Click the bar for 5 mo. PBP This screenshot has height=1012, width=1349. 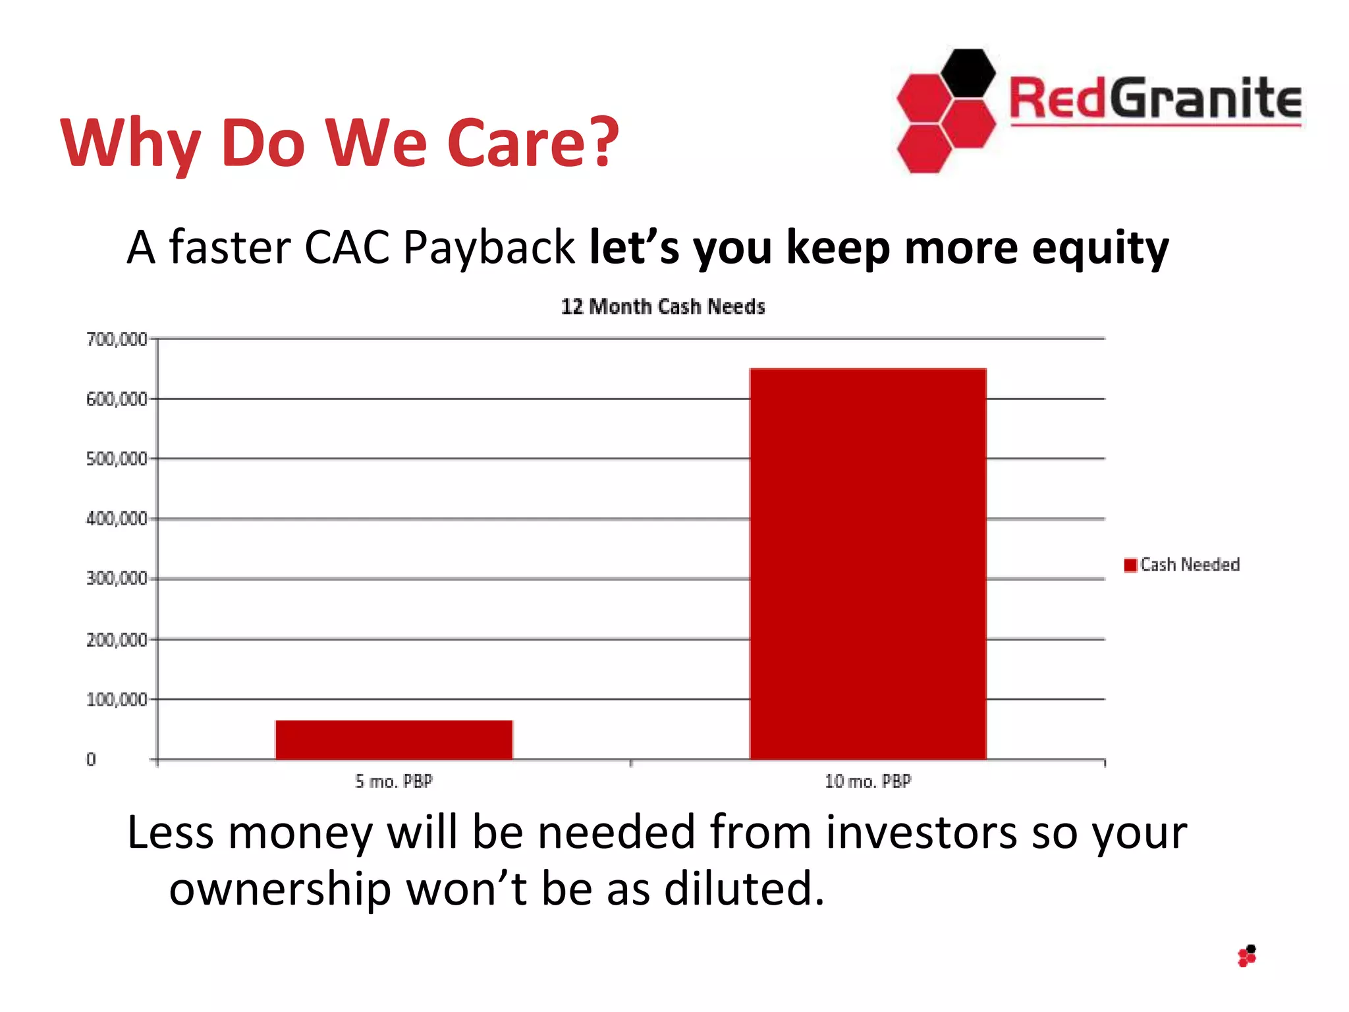point(394,739)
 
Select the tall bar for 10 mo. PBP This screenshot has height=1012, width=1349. point(867,563)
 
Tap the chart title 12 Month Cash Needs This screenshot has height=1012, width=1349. point(663,307)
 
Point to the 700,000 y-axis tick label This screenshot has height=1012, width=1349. point(117,339)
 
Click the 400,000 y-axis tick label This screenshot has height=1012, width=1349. point(117,519)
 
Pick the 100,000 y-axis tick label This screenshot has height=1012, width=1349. point(117,700)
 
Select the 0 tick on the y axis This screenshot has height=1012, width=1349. point(91,760)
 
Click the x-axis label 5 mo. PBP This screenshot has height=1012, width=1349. point(394,781)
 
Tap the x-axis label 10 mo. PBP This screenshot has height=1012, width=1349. point(867,781)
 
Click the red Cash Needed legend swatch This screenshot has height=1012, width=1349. point(1130,565)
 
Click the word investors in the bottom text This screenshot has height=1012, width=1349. point(922,832)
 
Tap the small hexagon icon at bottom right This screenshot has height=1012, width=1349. point(1247,956)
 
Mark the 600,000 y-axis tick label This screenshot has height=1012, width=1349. point(117,399)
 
